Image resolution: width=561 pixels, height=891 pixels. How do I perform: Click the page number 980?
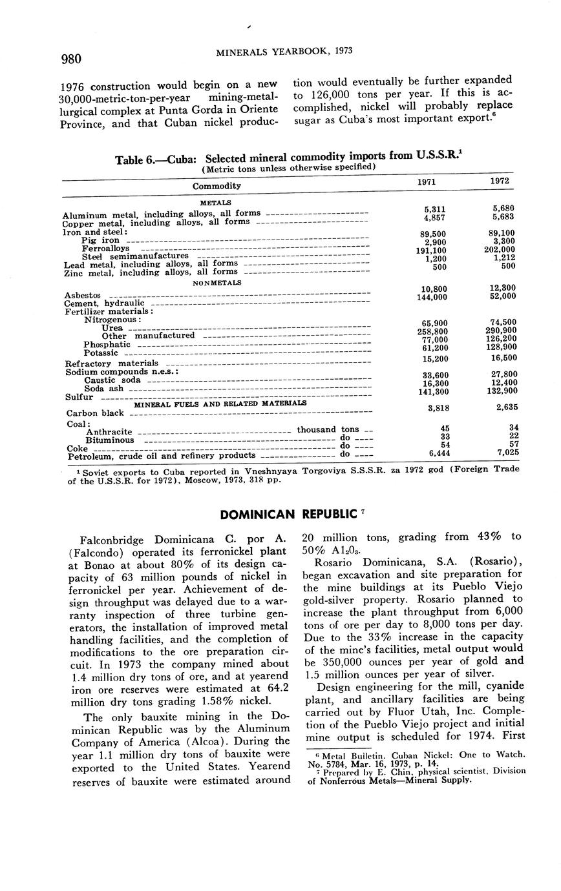pyautogui.click(x=71, y=59)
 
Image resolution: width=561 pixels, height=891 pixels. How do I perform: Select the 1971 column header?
pyautogui.click(x=426, y=182)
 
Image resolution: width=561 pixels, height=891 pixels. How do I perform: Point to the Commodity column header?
pyautogui.click(x=217, y=186)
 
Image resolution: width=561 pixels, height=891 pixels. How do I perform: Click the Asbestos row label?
pyautogui.click(x=83, y=295)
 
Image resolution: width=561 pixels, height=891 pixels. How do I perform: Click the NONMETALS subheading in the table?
pyautogui.click(x=217, y=283)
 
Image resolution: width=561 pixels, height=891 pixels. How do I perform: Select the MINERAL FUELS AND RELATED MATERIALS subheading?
pyautogui.click(x=220, y=404)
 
